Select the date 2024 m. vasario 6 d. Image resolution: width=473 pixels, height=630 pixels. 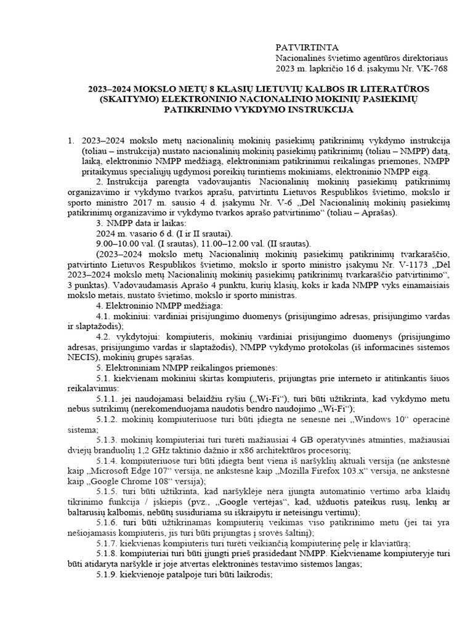click(129, 234)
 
